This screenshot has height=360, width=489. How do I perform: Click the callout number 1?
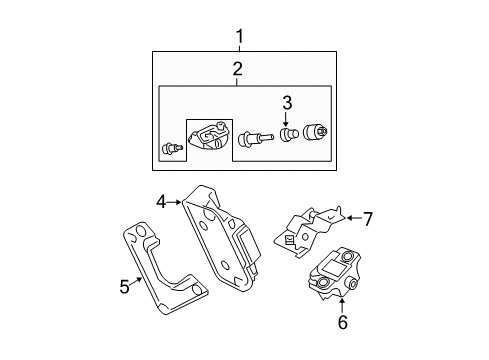tap(239, 38)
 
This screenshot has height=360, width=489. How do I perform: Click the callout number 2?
tap(239, 69)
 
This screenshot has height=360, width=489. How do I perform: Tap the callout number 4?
tap(160, 201)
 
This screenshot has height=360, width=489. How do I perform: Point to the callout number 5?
tap(125, 287)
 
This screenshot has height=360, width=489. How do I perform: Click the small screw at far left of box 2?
tap(169, 150)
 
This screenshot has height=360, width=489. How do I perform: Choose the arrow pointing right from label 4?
tap(175, 201)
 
